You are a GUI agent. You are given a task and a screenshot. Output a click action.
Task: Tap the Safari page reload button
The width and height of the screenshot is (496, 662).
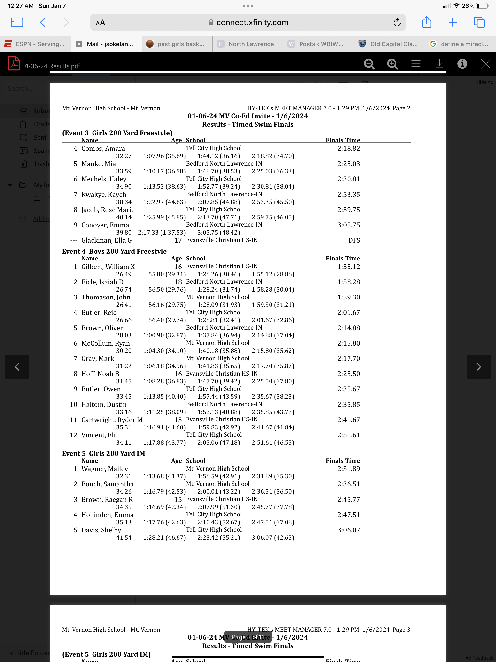click(x=397, y=23)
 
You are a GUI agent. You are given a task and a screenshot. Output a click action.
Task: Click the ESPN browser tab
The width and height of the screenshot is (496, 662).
click(x=35, y=44)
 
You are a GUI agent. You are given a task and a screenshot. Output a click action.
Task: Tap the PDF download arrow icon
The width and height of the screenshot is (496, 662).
click(x=439, y=63)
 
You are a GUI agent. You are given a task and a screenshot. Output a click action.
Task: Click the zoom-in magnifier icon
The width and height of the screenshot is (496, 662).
click(x=392, y=64)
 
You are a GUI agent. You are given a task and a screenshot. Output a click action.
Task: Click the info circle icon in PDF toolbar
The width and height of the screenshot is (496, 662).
click(x=462, y=63)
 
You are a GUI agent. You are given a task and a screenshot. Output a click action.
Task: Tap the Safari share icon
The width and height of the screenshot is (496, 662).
click(x=426, y=23)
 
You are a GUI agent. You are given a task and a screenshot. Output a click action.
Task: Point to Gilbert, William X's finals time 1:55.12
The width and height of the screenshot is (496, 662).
click(x=349, y=267)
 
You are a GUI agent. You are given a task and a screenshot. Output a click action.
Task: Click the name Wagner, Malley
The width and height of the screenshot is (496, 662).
click(x=105, y=469)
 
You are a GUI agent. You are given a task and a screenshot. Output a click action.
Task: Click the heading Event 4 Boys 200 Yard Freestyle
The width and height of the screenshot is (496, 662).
click(x=114, y=251)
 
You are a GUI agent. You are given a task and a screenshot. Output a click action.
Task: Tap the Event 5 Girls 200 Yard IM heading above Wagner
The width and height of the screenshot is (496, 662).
click(x=103, y=453)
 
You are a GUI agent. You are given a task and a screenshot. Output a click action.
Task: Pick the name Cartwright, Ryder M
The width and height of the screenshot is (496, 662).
click(x=112, y=420)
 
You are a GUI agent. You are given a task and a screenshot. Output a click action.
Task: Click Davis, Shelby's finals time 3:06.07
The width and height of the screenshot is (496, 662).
click(x=349, y=530)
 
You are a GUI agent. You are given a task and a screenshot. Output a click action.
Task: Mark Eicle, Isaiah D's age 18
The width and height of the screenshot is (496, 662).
click(x=178, y=282)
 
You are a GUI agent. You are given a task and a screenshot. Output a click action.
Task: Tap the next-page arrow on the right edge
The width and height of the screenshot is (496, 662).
click(x=479, y=367)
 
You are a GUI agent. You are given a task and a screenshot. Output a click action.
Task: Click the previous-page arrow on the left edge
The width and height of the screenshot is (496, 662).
click(x=17, y=367)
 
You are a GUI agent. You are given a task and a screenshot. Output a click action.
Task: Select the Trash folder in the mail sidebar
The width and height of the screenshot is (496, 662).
click(x=40, y=164)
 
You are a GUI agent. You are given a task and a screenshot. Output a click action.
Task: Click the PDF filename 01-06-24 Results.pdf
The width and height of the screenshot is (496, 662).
click(x=51, y=66)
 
